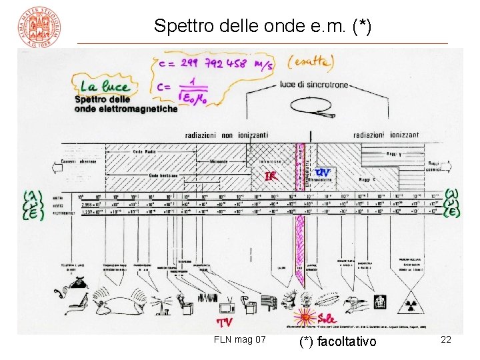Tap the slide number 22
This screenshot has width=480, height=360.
click(446, 340)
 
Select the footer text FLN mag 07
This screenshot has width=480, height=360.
click(240, 340)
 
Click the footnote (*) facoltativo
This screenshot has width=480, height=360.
click(338, 342)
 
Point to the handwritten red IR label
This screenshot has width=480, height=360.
click(270, 176)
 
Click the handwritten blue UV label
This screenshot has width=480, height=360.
click(322, 172)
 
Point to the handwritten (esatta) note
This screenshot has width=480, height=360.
click(310, 62)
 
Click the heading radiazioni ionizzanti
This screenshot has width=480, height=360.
click(386, 135)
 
